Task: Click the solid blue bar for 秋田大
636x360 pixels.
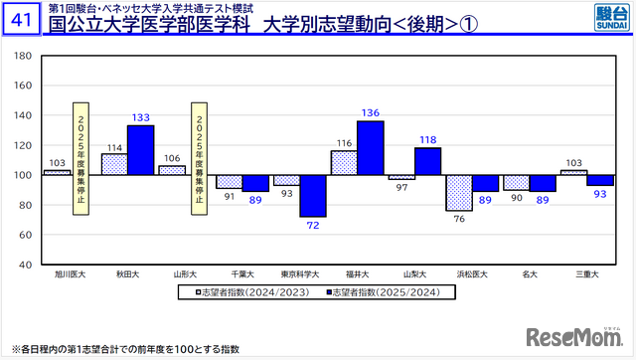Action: pos(140,149)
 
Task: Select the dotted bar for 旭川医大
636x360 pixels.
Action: pos(57,172)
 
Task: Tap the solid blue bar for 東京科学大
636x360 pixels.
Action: pos(313,196)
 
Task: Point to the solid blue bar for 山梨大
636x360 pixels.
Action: pos(427,161)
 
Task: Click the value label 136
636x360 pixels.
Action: pos(370,112)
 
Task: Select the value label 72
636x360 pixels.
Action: pos(313,226)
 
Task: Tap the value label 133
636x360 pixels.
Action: pos(140,117)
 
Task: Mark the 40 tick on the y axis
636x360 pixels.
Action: pos(26,264)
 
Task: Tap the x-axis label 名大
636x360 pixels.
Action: pos(529,273)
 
